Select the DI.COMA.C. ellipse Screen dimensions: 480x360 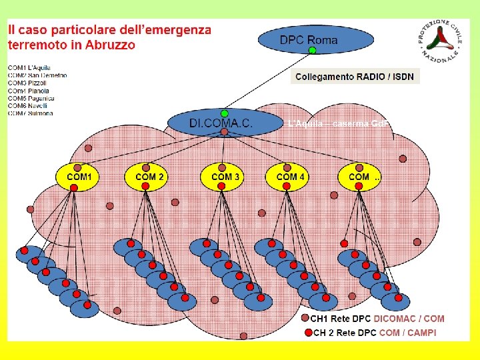tap(221, 123)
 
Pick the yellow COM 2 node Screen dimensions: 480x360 tap(150, 177)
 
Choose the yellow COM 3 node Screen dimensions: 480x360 tap(226, 177)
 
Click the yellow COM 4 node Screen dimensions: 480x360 tap(291, 177)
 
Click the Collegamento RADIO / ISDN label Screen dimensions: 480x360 tap(355, 77)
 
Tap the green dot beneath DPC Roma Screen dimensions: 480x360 tap(312, 51)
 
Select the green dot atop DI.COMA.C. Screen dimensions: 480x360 tap(225, 113)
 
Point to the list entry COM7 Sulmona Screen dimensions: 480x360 tap(31, 113)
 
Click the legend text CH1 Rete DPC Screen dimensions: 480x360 tap(340, 319)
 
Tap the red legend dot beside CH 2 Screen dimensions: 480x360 tap(308, 333)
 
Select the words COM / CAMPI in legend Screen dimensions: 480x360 tap(408, 333)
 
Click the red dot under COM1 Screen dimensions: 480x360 tap(74, 188)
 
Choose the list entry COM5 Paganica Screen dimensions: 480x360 tap(31, 98)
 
